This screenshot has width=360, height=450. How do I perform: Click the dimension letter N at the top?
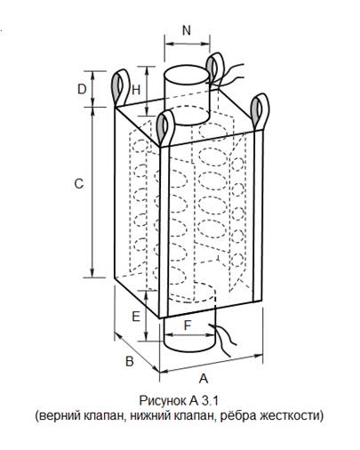click(187, 30)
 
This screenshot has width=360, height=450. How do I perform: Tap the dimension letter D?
click(82, 89)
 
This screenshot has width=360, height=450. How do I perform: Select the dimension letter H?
click(136, 90)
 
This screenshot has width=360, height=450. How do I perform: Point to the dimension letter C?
click(79, 184)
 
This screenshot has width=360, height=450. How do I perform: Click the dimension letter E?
click(136, 317)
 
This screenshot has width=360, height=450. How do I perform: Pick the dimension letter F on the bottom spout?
click(188, 325)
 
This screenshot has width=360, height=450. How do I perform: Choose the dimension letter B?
click(130, 361)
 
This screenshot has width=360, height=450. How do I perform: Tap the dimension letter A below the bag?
click(204, 378)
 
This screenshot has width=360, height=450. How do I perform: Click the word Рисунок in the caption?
click(163, 401)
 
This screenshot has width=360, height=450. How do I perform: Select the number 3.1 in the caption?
click(210, 401)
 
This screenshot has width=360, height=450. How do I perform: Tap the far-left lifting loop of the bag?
click(120, 87)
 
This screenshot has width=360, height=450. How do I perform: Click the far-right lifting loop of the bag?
click(260, 111)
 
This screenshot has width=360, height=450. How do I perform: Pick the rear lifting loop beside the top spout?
click(215, 69)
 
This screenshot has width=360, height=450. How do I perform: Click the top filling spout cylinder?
click(188, 95)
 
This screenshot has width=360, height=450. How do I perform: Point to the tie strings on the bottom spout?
click(223, 340)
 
